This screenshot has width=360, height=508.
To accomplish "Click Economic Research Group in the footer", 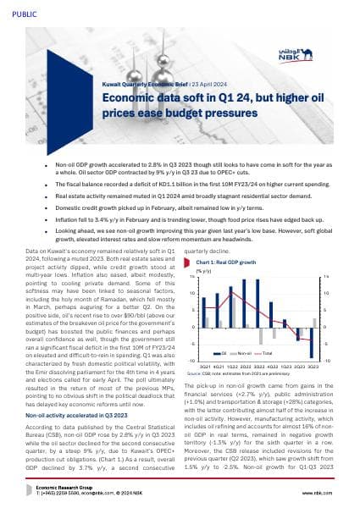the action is click(68, 486).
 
